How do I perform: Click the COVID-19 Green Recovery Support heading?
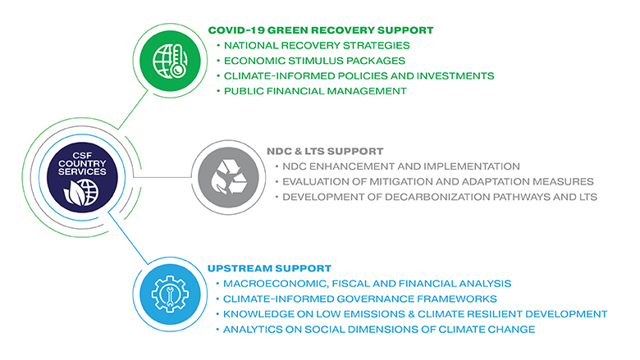pos(320,30)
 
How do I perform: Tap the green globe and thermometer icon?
pos(170,62)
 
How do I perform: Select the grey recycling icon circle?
pos(229,177)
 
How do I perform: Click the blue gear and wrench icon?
pos(170,294)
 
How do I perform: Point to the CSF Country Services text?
pos(82,163)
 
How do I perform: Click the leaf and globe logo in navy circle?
pos(81,192)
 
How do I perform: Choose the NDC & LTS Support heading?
pos(325,151)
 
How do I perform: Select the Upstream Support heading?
pos(269,268)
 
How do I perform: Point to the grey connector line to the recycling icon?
pos(162,177)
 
